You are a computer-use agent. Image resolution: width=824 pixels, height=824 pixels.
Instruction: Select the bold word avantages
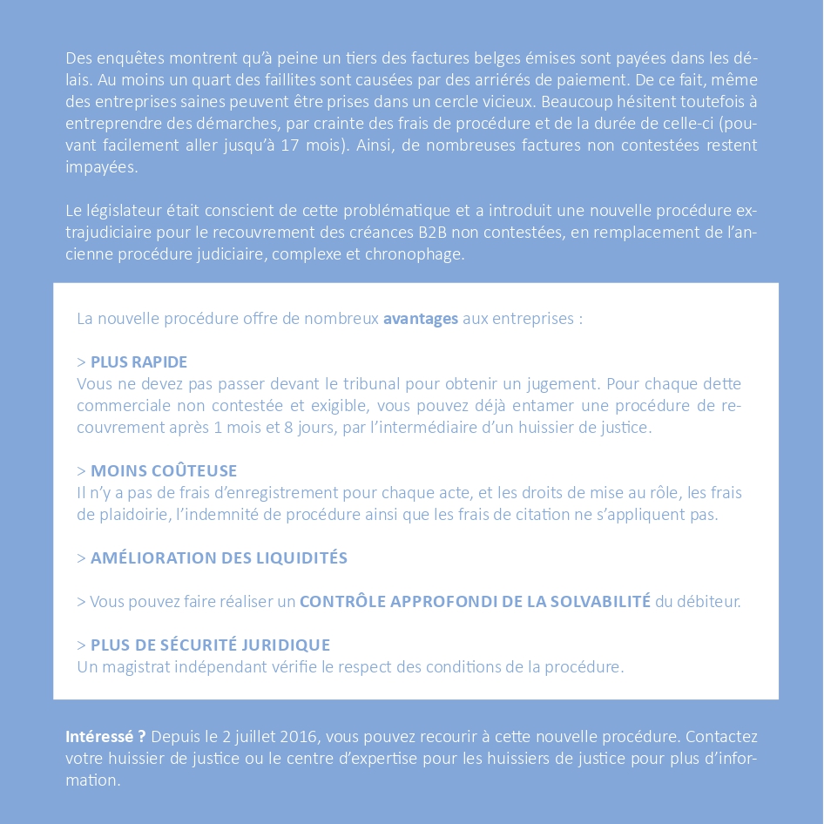click(x=420, y=319)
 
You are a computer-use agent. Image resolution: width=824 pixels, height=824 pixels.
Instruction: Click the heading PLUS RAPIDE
click(x=138, y=362)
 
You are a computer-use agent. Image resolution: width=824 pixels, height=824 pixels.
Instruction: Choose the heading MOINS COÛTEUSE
click(x=164, y=471)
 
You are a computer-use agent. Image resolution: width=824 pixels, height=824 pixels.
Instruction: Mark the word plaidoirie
click(x=132, y=515)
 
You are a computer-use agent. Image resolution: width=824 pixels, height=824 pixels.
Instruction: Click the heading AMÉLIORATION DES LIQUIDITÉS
click(x=219, y=558)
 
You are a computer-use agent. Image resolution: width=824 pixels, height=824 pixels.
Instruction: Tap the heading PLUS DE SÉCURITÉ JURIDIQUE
click(x=210, y=645)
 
